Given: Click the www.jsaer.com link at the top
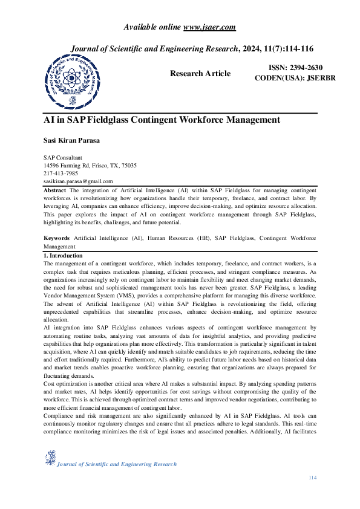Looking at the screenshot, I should [x=209, y=27].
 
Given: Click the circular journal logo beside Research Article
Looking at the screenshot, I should [x=70, y=79].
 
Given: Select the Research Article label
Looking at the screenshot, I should [x=200, y=73].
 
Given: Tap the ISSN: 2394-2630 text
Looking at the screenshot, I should [x=295, y=68].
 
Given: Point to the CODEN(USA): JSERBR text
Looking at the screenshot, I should [x=295, y=78].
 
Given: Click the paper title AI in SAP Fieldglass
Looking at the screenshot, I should [x=162, y=120].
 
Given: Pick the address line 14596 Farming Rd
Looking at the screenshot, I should [x=90, y=166].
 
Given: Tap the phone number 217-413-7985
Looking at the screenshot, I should [x=61, y=173].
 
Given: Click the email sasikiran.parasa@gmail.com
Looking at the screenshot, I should [x=78, y=181].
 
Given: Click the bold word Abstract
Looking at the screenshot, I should [x=55, y=190].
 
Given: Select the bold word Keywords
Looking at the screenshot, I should [x=57, y=239].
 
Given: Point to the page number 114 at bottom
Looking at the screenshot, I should [x=312, y=478].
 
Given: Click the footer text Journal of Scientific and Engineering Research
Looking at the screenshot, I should [x=117, y=464].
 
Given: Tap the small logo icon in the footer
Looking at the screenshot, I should [x=50, y=459].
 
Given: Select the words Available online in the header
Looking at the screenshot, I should [x=152, y=27].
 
